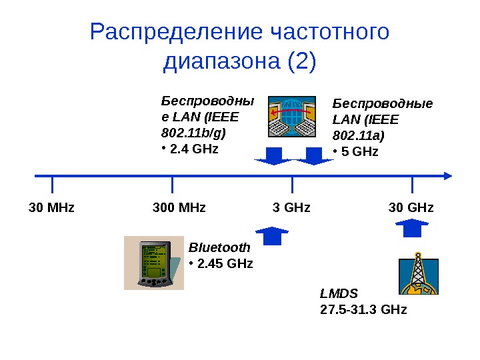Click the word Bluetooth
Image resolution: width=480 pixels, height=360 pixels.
point(220,247)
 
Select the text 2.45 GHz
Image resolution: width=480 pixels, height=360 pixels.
point(225,263)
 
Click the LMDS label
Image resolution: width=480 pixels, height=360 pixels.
point(339,293)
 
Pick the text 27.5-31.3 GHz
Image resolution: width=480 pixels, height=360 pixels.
point(363,310)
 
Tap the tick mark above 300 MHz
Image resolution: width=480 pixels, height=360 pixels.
point(172,184)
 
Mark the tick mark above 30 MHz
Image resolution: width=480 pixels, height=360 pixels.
point(52,184)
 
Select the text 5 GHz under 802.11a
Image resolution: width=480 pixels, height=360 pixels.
point(359,152)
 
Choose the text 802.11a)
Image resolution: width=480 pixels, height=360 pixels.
point(359,136)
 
